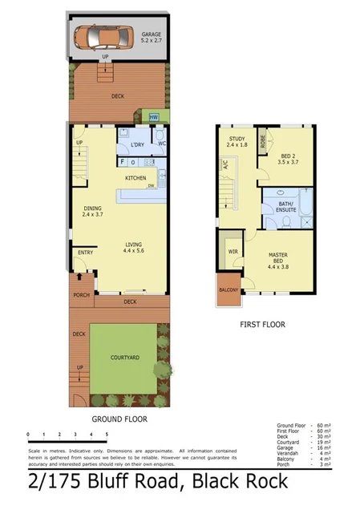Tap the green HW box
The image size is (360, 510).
(x=154, y=118)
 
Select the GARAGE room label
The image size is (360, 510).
(x=152, y=34)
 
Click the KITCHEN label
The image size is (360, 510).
(x=135, y=177)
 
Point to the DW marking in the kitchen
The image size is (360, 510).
(x=150, y=186)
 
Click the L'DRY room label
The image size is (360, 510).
(x=137, y=144)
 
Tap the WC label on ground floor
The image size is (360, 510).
(x=161, y=144)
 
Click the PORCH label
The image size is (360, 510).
(x=79, y=293)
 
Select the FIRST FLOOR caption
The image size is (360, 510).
(x=263, y=325)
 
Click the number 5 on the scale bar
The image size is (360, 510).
(x=105, y=435)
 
